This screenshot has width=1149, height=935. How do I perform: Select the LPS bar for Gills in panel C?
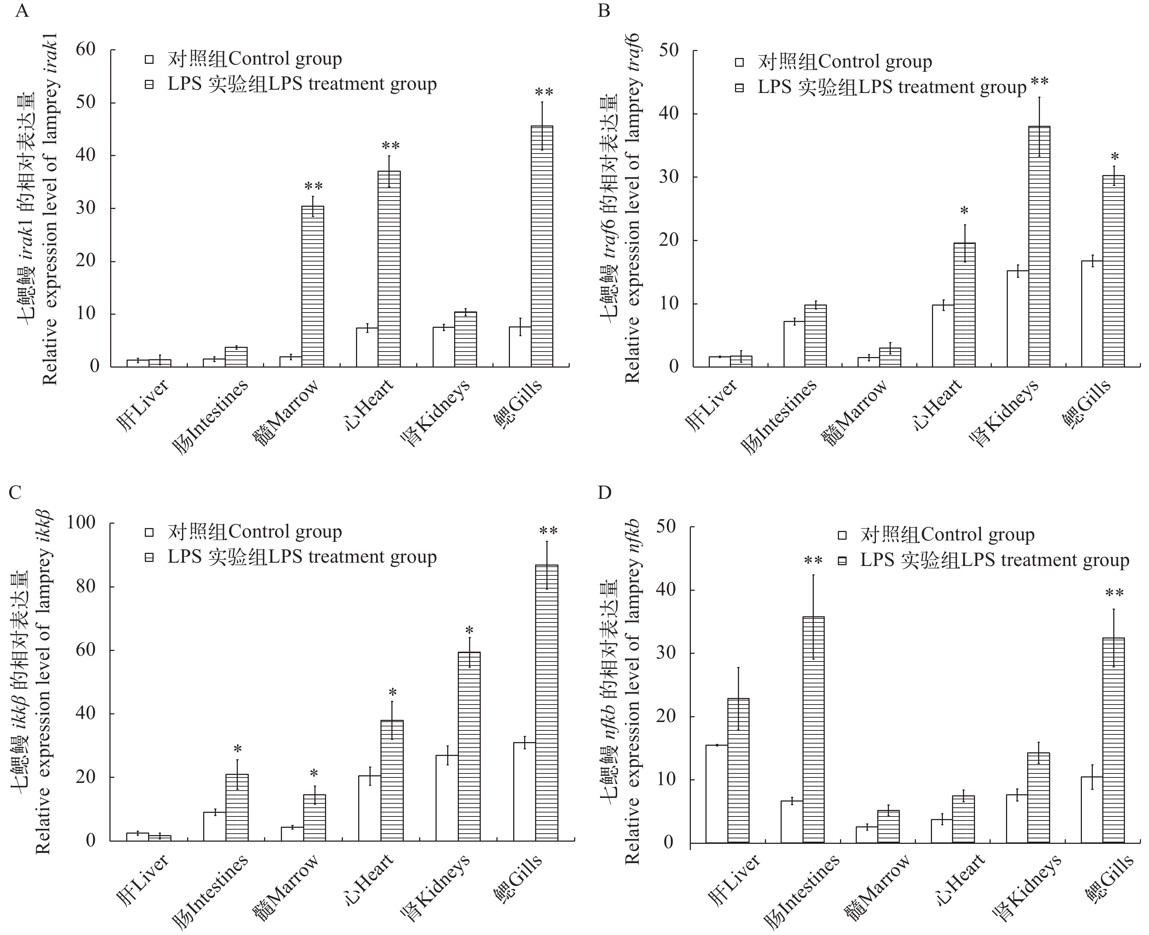(x=546, y=702)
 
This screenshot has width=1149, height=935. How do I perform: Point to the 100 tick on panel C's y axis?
(x=81, y=523)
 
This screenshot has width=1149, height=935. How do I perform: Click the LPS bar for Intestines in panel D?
(x=813, y=729)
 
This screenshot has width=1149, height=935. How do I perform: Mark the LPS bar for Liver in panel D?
(x=739, y=770)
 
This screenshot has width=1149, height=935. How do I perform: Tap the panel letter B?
(x=604, y=11)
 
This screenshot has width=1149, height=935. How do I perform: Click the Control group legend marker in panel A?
(x=149, y=59)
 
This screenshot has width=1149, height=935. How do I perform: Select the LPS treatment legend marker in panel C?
(x=149, y=558)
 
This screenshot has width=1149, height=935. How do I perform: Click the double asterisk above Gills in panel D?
(x=1114, y=594)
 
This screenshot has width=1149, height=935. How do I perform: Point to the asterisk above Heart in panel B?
(x=964, y=211)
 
